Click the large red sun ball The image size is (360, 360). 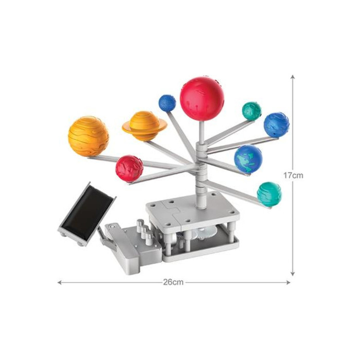(202, 99)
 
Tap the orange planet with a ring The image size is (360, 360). (145, 126)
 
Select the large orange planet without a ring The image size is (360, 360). (88, 136)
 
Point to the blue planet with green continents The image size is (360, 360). (248, 159)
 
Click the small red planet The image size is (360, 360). (129, 169)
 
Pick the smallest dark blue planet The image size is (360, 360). (167, 103)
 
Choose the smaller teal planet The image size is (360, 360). (251, 111)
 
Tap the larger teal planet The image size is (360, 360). (269, 194)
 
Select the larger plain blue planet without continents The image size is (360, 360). (277, 125)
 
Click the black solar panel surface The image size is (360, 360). (87, 213)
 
